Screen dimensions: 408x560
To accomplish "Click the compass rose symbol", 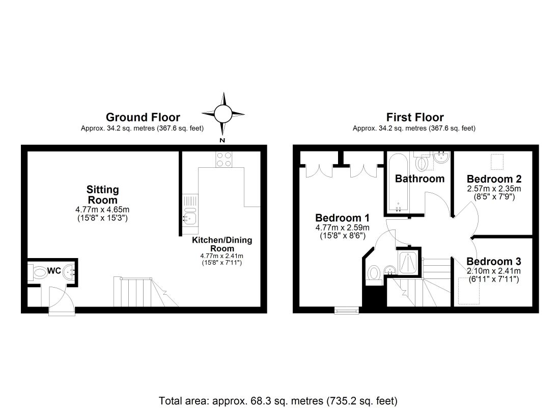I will point(223,113).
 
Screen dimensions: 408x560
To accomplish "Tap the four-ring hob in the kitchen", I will point(224,159).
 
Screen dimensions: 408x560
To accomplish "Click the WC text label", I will point(54,271).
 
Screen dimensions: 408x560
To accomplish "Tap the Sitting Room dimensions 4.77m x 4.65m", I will point(102,209).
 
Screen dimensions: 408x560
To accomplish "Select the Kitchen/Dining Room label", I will point(222,244).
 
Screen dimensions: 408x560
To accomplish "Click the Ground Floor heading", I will point(143,118).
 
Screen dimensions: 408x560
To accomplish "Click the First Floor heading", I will point(414,118).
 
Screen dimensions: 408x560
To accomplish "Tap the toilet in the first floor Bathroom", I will point(423,163).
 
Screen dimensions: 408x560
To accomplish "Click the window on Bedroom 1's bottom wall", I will point(347,310).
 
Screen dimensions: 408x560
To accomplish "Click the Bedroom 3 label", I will point(494,262).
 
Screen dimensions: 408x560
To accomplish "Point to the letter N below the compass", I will point(222,140).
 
